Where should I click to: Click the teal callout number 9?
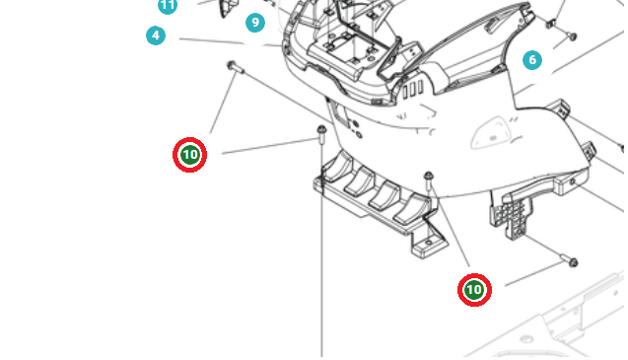(x=255, y=23)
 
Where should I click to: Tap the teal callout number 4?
(x=156, y=36)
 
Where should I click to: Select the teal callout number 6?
(x=532, y=60)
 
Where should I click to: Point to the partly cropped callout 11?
(x=168, y=6)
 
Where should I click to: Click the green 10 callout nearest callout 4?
(x=190, y=155)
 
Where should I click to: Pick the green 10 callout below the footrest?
(x=474, y=290)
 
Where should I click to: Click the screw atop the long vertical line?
(x=321, y=134)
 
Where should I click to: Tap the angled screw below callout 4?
(x=235, y=67)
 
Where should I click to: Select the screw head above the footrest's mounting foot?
(x=429, y=180)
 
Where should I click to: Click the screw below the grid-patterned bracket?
(x=569, y=260)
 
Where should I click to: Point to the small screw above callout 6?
(x=573, y=36)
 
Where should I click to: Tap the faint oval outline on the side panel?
(x=489, y=132)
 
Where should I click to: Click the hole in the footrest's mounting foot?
(x=429, y=243)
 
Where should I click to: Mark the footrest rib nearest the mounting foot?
(x=410, y=209)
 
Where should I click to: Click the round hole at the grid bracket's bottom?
(x=518, y=233)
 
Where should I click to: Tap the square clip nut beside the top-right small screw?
(x=550, y=24)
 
